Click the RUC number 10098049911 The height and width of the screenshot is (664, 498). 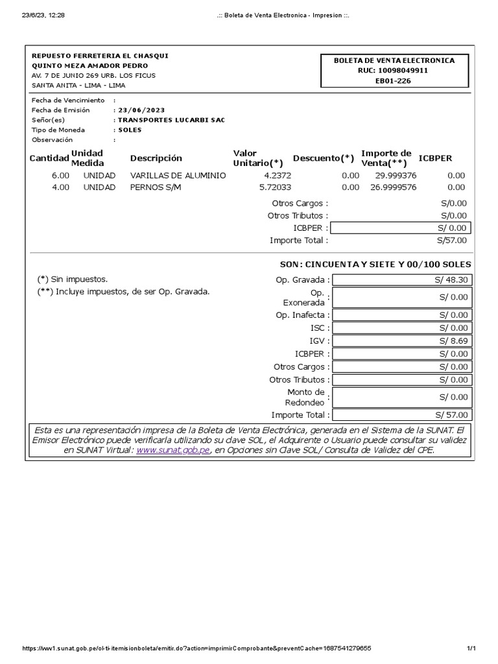click(394, 71)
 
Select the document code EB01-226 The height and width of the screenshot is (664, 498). click(394, 81)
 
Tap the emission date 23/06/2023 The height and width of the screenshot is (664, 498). click(141, 110)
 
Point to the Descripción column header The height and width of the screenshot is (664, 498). click(156, 158)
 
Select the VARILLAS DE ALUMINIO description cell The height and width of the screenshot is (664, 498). click(178, 176)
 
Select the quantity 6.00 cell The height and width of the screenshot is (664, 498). click(60, 176)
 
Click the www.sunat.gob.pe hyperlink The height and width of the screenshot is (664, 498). click(173, 450)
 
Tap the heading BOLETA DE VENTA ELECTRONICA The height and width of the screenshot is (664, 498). click(394, 60)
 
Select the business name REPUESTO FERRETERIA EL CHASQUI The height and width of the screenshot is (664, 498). click(100, 56)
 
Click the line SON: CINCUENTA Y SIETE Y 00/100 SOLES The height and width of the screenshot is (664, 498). click(375, 265)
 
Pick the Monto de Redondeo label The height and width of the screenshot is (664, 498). click(305, 397)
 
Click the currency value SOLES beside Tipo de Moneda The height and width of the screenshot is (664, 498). click(130, 130)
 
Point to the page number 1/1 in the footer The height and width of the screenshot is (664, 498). click(471, 648)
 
